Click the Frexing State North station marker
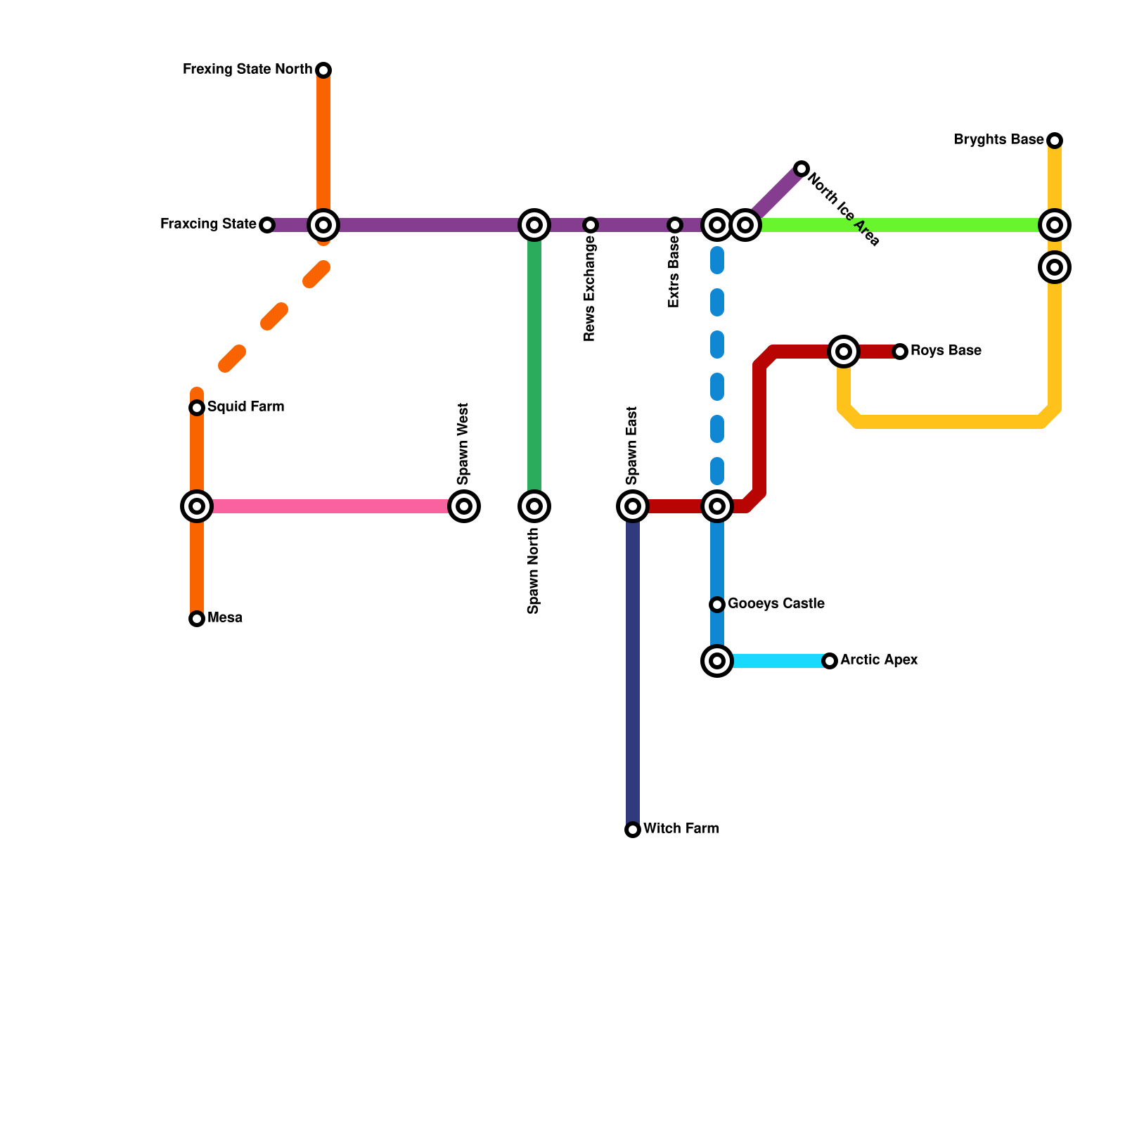pyautogui.click(x=323, y=70)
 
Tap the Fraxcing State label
pyautogui.click(x=208, y=224)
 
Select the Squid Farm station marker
pyautogui.click(x=197, y=408)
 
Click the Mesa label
pyautogui.click(x=225, y=618)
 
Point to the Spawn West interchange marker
pyautogui.click(x=464, y=506)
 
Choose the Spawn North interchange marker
pyautogui.click(x=534, y=506)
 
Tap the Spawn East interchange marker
pyautogui.click(x=633, y=506)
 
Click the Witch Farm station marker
pyautogui.click(x=633, y=830)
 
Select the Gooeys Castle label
pyautogui.click(x=776, y=604)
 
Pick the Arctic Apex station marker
pyautogui.click(x=830, y=661)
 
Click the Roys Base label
pyautogui.click(x=946, y=351)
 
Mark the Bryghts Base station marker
pyautogui.click(x=1055, y=141)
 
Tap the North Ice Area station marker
pyautogui.click(x=802, y=169)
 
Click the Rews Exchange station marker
pyautogui.click(x=591, y=225)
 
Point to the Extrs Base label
pyautogui.click(x=674, y=271)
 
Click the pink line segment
pyautogui.click(x=330, y=506)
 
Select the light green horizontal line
pyautogui.click(x=900, y=225)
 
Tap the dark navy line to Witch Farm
pyautogui.click(x=633, y=668)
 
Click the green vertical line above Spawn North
pyautogui.click(x=534, y=366)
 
